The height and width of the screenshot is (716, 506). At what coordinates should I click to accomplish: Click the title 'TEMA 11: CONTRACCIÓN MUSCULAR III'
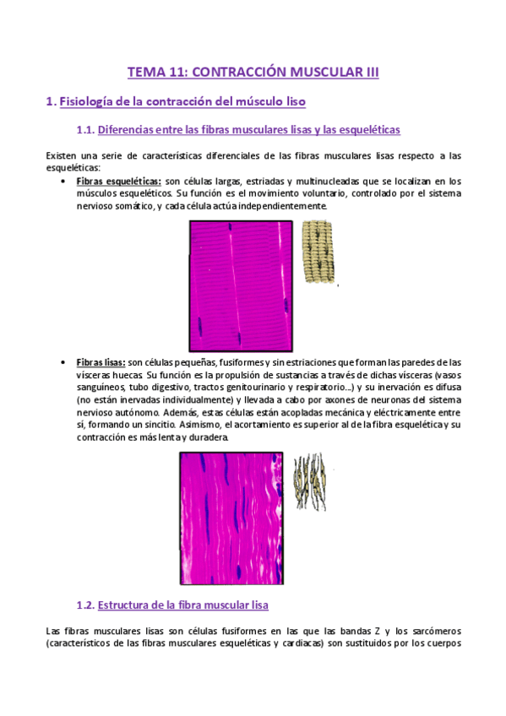(x=253, y=73)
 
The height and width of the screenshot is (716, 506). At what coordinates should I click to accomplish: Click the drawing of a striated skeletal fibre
(x=318, y=252)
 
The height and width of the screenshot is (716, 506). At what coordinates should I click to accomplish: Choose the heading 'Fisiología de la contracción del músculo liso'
(x=182, y=101)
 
